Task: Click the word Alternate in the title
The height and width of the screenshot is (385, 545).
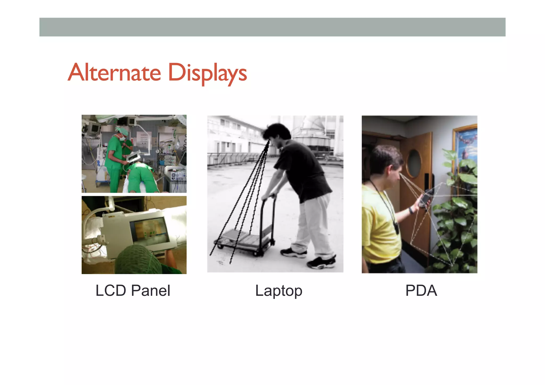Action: [114, 72]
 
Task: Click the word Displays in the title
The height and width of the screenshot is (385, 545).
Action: [208, 73]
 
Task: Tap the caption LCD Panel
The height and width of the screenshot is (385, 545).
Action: [133, 290]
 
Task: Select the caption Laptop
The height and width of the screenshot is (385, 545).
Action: [279, 291]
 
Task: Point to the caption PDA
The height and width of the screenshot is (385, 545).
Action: [421, 290]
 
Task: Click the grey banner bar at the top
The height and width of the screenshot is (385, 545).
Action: [272, 27]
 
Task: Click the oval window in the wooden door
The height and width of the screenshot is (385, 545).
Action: [414, 163]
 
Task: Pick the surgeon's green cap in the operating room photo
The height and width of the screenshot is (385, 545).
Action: [123, 131]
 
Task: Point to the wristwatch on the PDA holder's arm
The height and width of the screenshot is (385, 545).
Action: [411, 210]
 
